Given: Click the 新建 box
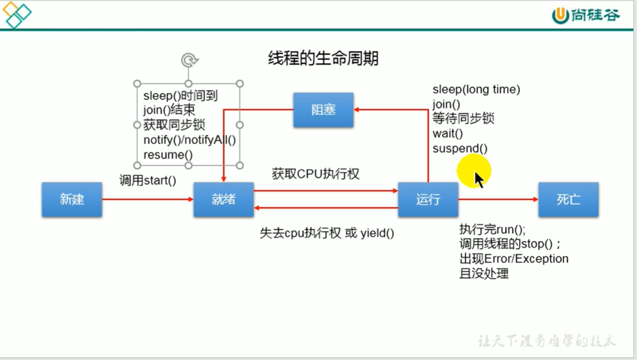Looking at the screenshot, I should click(72, 200).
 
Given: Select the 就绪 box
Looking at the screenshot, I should click(224, 200).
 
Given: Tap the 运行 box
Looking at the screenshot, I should click(428, 200).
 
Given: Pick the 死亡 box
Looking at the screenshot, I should click(568, 200).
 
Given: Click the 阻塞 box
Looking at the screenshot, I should click(323, 110).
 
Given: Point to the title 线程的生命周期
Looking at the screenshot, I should click(323, 58).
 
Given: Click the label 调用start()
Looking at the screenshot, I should click(148, 180).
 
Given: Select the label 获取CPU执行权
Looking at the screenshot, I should click(315, 174).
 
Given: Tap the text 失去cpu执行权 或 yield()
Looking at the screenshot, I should click(327, 233).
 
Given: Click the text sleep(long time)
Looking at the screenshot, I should click(476, 89).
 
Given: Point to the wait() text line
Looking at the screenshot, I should click(448, 134).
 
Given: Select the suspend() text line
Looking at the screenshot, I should click(460, 148).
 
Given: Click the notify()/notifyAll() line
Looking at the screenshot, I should click(190, 140).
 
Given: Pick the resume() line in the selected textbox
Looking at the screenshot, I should click(168, 155).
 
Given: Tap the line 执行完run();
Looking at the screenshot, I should click(492, 229).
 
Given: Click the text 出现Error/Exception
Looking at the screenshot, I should click(514, 258).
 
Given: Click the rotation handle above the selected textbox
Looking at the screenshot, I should click(189, 60).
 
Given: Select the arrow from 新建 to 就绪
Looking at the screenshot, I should click(147, 200).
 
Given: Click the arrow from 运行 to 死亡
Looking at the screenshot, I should click(497, 200).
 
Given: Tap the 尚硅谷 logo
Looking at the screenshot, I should click(586, 16).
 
